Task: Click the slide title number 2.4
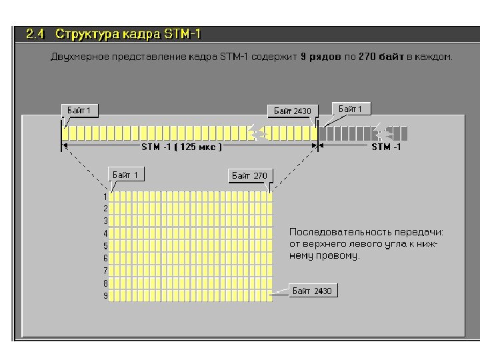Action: pyautogui.click(x=35, y=33)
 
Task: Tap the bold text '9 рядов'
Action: pyautogui.click(x=321, y=57)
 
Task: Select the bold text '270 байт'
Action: pyautogui.click(x=380, y=57)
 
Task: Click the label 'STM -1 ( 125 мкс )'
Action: pyautogui.click(x=181, y=146)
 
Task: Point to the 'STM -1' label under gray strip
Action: pyautogui.click(x=386, y=146)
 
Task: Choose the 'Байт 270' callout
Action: pyautogui.click(x=249, y=176)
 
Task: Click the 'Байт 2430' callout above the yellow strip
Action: pyautogui.click(x=293, y=111)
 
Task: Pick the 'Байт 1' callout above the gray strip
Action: pyautogui.click(x=351, y=109)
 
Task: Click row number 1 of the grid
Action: pyautogui.click(x=105, y=197)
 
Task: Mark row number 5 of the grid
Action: pyautogui.click(x=105, y=246)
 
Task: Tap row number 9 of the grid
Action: pyautogui.click(x=105, y=295)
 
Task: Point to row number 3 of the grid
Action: pyautogui.click(x=105, y=221)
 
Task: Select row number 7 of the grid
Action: pyautogui.click(x=105, y=271)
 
